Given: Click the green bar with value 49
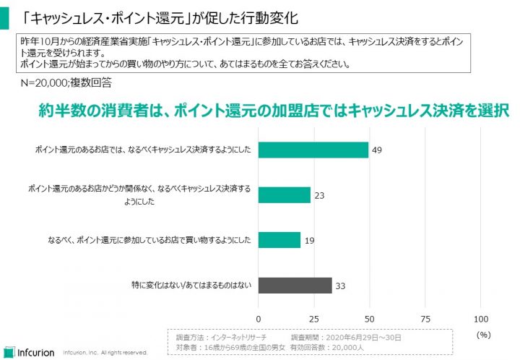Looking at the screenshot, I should tap(313, 150).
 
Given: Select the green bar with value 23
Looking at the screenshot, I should tap(285, 194).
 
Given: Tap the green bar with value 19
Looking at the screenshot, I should tap(279, 240).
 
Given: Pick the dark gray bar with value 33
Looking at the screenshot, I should tap(295, 286).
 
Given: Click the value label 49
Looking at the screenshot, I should tap(376, 150).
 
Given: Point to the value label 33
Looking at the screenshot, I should tap(341, 286).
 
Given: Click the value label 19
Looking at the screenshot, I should tap(309, 240).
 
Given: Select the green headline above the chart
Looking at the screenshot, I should tap(274, 111).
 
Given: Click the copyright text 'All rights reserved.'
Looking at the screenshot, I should tap(124, 353).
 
